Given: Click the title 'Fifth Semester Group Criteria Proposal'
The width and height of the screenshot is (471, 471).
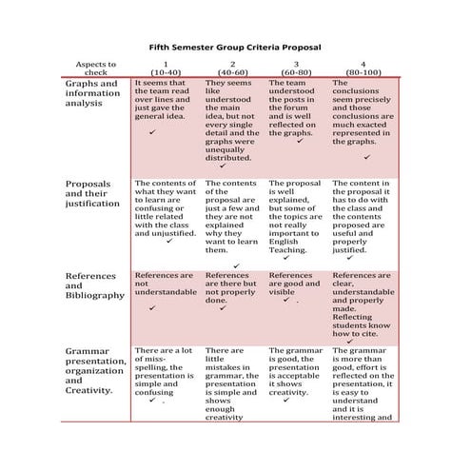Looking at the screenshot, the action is pyautogui.click(x=236, y=45).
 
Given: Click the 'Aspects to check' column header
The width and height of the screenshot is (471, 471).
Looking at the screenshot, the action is pyautogui.click(x=97, y=68).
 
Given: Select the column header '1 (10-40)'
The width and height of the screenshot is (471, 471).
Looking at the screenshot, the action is pyautogui.click(x=166, y=68).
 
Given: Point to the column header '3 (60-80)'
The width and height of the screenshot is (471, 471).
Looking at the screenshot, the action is pyautogui.click(x=296, y=68).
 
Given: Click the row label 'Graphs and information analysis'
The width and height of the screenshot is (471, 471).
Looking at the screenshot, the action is pyautogui.click(x=93, y=93).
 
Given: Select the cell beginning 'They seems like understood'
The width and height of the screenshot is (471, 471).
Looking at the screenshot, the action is pyautogui.click(x=232, y=119).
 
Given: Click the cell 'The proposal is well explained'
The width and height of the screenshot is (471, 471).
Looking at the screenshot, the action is pyautogui.click(x=297, y=214).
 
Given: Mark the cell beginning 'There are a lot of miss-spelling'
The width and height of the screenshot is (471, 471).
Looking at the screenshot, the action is pyautogui.click(x=167, y=371).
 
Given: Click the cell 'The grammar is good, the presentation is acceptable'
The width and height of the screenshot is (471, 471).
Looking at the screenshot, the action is pyautogui.click(x=297, y=371).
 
